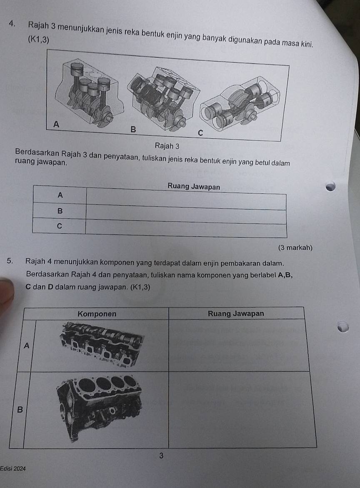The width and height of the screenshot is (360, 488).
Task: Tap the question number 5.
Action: tap(10, 261)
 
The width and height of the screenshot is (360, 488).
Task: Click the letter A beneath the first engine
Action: tap(56, 124)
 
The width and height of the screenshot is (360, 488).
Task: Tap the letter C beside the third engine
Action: tap(200, 133)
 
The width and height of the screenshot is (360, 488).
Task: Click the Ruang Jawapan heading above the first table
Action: tap(194, 187)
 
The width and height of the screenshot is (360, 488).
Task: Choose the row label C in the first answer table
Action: tap(60, 226)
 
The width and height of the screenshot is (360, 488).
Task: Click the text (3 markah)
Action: tap(295, 248)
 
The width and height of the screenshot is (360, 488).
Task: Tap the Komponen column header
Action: tap(97, 314)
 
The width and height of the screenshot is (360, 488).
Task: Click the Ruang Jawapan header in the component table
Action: tap(236, 314)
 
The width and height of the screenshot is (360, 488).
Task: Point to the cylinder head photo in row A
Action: tap(102, 344)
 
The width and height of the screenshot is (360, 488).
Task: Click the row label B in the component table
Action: tap(20, 410)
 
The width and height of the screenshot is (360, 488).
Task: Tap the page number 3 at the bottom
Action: tap(161, 456)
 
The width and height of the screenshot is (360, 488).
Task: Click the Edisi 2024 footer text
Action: tap(13, 468)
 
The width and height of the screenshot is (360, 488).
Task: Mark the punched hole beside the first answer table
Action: tap(331, 186)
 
